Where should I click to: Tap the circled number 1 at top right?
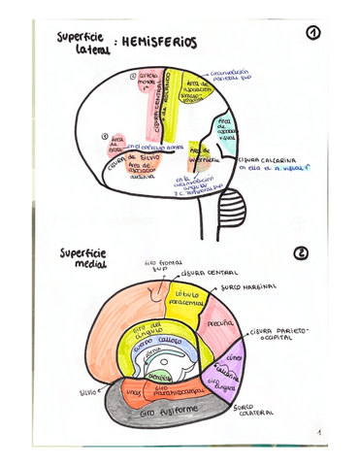pos(312,34)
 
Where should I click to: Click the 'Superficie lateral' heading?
pos(80,43)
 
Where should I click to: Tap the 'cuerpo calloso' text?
pos(158,343)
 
